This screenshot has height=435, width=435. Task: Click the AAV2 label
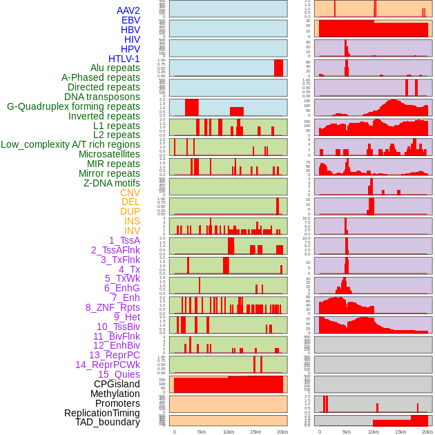[128, 10]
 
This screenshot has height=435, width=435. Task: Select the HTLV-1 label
[124, 59]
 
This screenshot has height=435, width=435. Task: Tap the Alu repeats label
[115, 68]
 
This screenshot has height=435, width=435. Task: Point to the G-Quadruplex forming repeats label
[73, 106]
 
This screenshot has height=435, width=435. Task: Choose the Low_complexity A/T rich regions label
[70, 144]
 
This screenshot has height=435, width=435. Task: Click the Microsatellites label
[109, 154]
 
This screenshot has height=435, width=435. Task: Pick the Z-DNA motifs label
[112, 183]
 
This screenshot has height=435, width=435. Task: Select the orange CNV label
[130, 193]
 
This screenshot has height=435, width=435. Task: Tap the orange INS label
[132, 221]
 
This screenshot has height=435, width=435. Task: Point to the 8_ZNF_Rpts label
[113, 307]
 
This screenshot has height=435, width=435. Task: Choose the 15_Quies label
[119, 374]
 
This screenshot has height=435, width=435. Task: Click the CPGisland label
[117, 384]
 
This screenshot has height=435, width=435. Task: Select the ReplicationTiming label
[101, 413]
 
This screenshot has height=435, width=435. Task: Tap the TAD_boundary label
[108, 422]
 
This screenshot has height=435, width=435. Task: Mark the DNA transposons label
[102, 97]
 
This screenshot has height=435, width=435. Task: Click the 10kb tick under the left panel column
[228, 432]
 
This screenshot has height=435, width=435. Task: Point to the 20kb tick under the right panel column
[427, 432]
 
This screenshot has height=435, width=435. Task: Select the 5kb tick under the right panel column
[346, 432]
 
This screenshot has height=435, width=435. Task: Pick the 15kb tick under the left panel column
[255, 432]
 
